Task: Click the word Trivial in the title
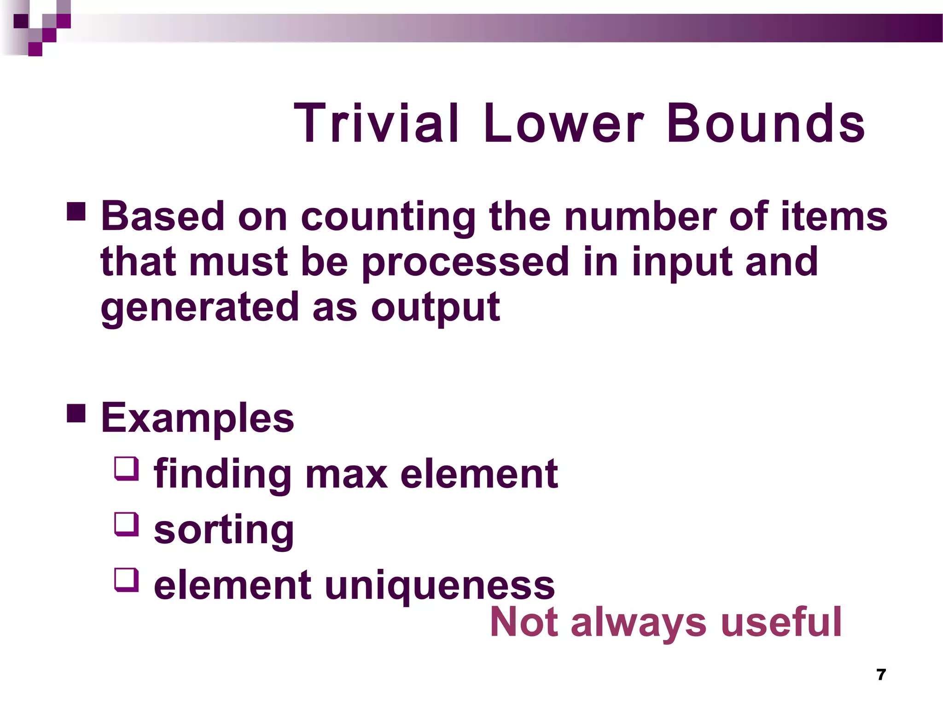(x=376, y=123)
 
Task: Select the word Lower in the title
(x=563, y=123)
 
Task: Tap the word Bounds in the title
(x=766, y=123)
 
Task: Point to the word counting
(x=388, y=216)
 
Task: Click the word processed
(x=466, y=262)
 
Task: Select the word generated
(x=200, y=307)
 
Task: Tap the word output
(x=435, y=307)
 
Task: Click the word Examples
(x=197, y=418)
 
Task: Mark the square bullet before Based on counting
(x=76, y=211)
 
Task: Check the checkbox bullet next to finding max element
(x=127, y=469)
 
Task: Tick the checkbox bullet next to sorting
(x=127, y=524)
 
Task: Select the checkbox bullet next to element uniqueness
(x=127, y=580)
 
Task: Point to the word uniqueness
(x=440, y=585)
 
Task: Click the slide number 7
(x=881, y=674)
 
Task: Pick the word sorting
(x=224, y=530)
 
